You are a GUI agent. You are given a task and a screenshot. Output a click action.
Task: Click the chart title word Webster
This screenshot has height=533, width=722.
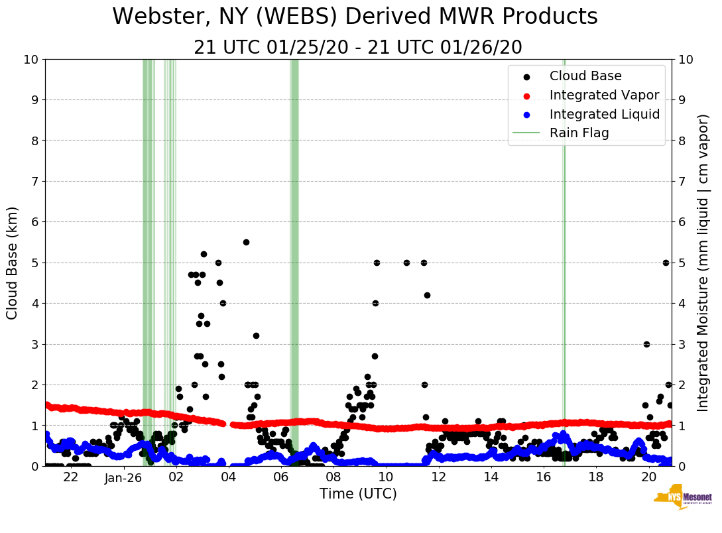(x=155, y=17)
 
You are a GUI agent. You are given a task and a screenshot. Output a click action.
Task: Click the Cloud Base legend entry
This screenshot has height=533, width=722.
(x=585, y=76)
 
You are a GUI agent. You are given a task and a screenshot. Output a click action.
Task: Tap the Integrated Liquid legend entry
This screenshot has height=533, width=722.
(x=604, y=114)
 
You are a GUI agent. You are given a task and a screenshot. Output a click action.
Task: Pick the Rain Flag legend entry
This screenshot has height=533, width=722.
(x=579, y=133)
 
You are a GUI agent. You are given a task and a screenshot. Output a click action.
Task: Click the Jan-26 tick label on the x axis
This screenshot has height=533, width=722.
(x=124, y=477)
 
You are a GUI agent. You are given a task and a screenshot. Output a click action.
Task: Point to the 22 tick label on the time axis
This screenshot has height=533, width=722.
(x=71, y=477)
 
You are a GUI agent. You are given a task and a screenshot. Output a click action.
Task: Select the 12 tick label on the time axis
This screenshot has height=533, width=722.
(x=438, y=477)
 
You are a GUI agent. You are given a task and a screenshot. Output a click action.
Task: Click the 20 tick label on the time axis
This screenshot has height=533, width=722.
(x=648, y=477)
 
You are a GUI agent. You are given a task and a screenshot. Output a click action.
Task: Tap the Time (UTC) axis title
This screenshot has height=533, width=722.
(x=358, y=494)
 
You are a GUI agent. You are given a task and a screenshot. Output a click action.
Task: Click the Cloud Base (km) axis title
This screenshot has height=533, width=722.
(x=13, y=263)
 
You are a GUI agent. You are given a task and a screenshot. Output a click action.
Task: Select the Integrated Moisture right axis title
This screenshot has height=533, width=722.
(x=703, y=263)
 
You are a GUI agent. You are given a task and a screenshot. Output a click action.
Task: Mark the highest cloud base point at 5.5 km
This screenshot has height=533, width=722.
(x=246, y=242)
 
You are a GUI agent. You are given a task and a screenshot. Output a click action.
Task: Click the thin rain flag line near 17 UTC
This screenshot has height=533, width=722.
(x=564, y=265)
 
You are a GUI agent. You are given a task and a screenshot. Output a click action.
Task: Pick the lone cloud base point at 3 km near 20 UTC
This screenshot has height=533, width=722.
(x=646, y=344)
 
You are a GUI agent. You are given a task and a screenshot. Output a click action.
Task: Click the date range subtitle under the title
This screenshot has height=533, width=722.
(x=358, y=48)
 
